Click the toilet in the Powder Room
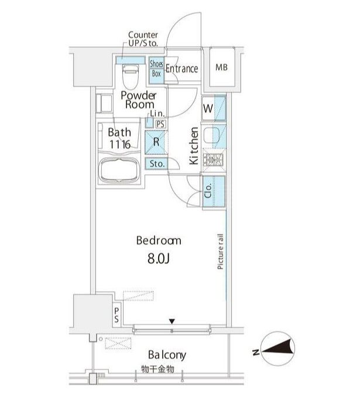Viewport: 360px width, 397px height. [x=131, y=77]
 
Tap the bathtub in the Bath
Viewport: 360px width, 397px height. [x=119, y=170]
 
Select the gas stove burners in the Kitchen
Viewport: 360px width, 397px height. [x=214, y=160]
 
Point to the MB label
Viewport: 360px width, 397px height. [x=222, y=67]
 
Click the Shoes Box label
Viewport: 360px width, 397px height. [x=156, y=68]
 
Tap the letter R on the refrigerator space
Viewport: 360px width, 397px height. [x=156, y=142]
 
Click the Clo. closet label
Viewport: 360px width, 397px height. [x=208, y=191]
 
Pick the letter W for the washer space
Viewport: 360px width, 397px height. [x=208, y=108]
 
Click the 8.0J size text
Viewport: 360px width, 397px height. [x=159, y=258]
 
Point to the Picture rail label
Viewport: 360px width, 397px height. [x=220, y=251]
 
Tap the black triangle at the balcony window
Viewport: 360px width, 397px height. [x=172, y=322]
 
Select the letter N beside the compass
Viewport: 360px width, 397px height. [x=256, y=352]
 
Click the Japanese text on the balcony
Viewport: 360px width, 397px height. [x=157, y=369]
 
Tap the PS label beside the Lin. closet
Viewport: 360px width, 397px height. [x=160, y=124]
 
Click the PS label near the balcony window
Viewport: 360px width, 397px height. [x=116, y=315]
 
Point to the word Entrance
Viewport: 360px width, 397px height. [x=182, y=68]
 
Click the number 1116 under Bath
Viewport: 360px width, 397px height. [x=120, y=144]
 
